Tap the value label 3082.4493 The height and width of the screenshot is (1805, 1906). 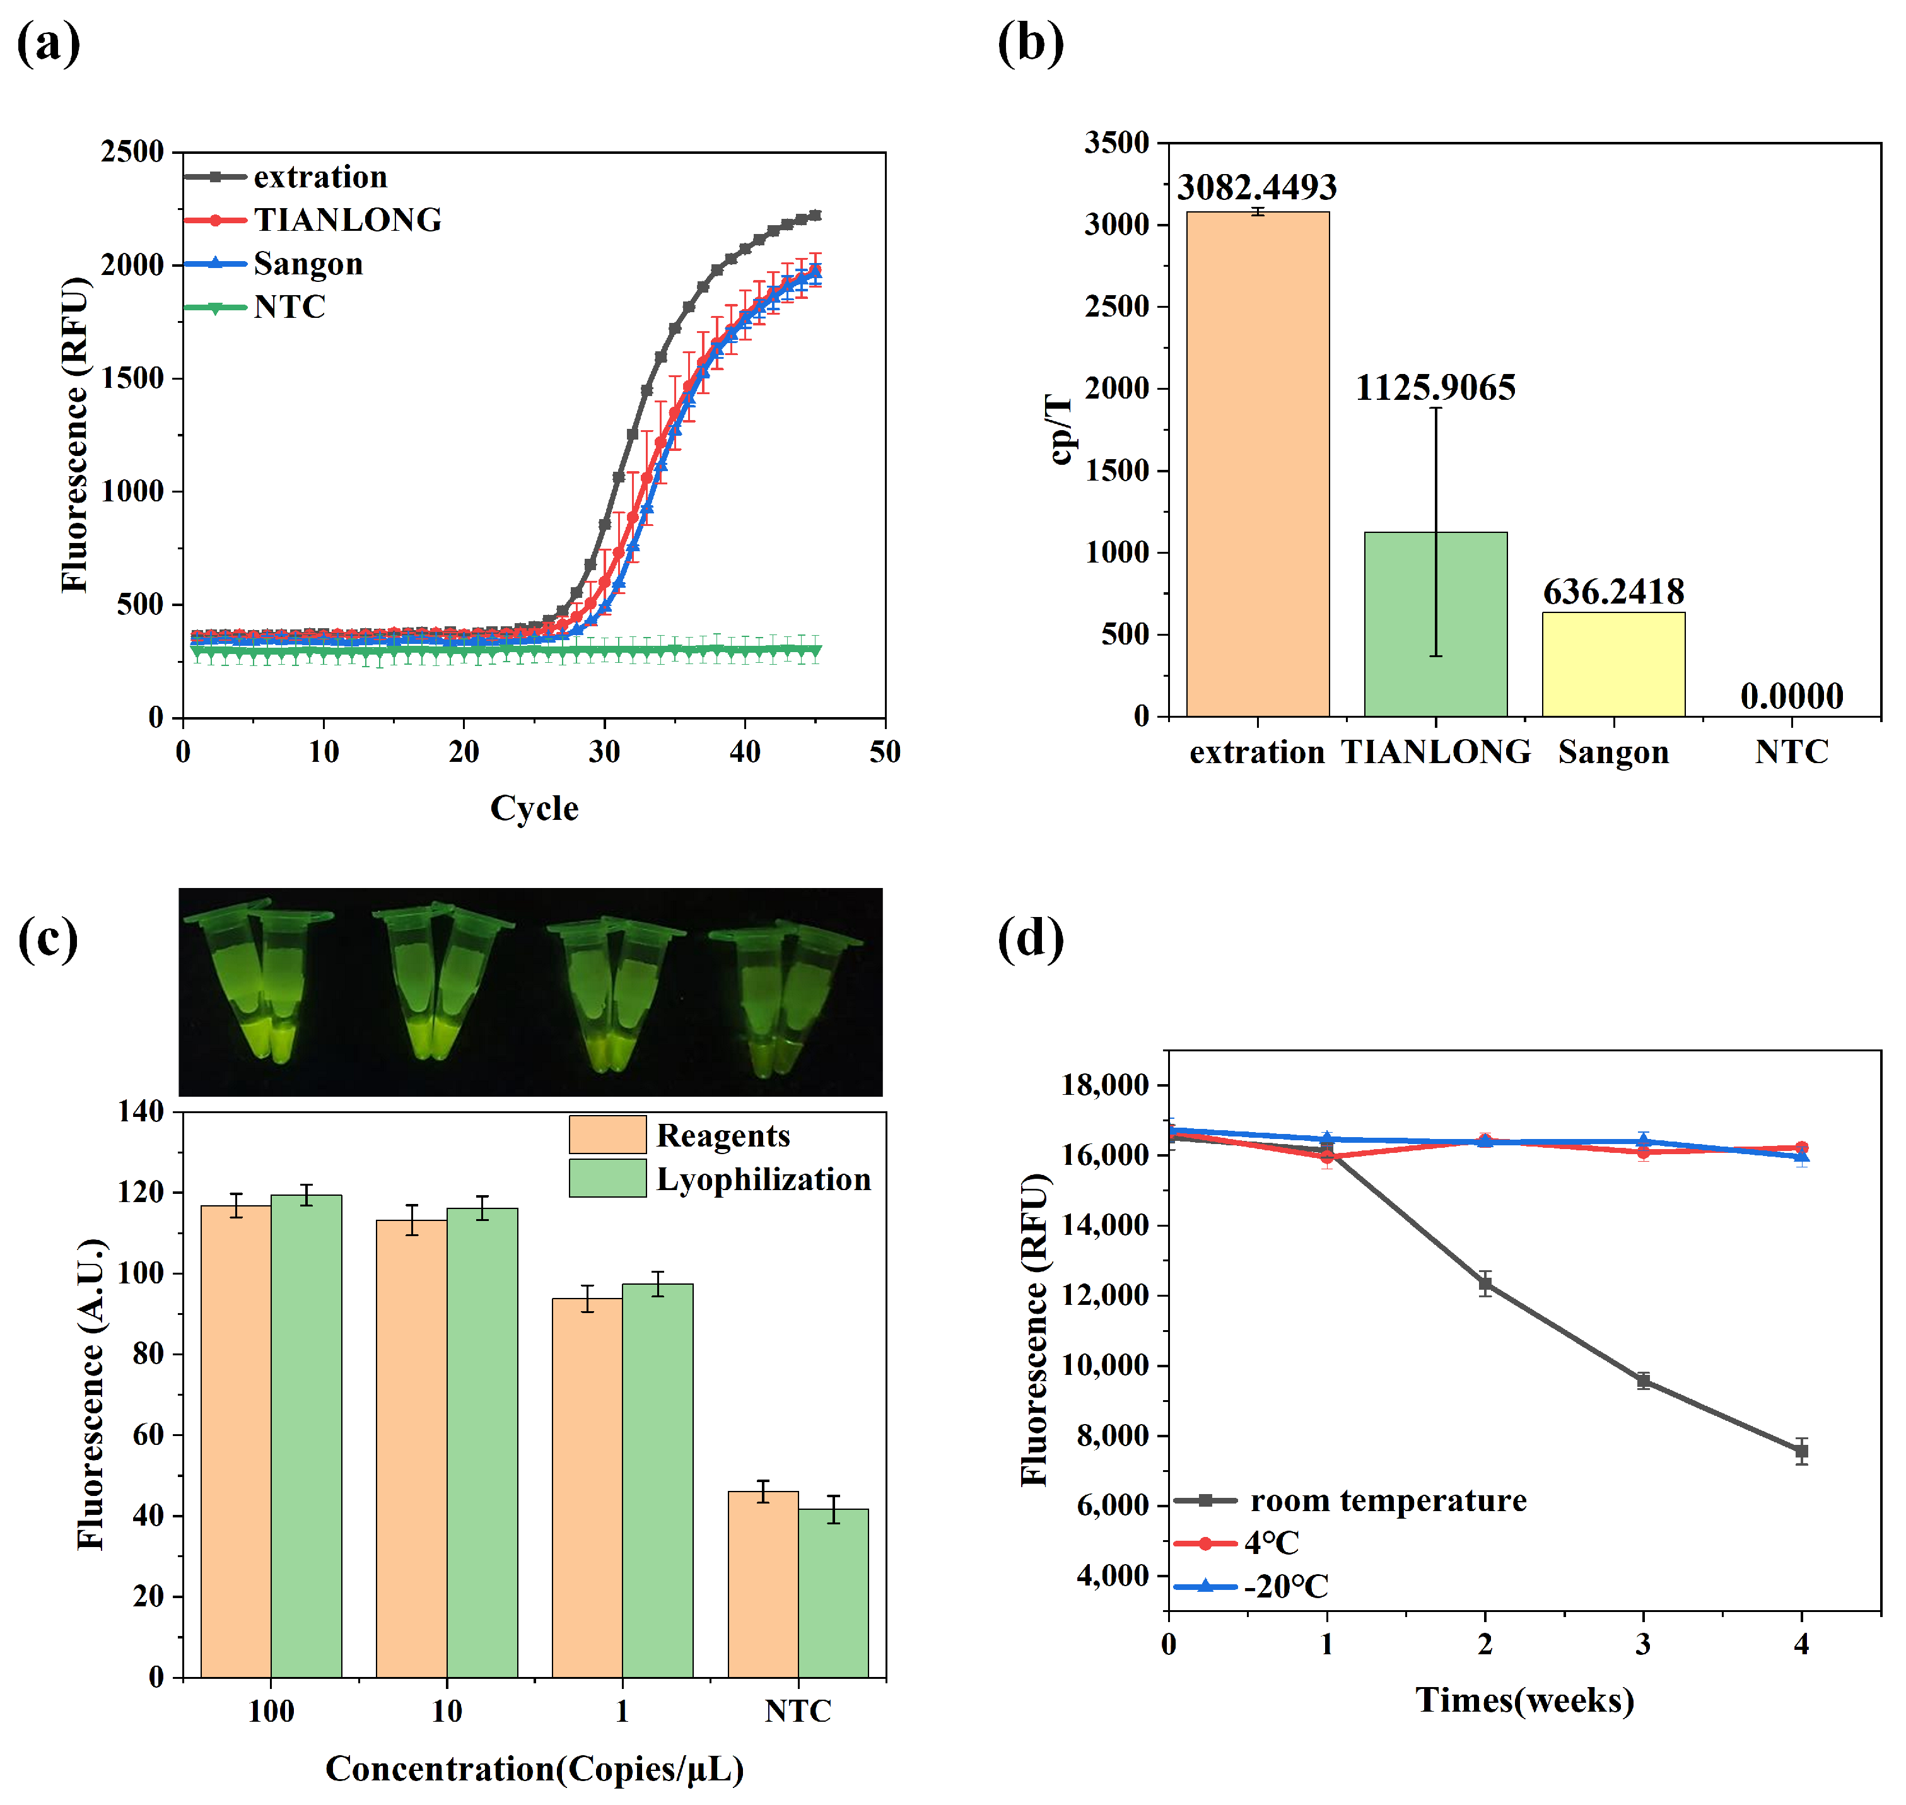tap(1256, 187)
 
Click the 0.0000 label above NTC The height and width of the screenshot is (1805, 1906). tap(1791, 696)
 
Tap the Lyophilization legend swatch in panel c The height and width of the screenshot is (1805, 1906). tap(607, 1179)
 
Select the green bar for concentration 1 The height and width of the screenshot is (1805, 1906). tap(657, 1481)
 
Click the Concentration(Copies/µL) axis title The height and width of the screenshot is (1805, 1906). tap(534, 1768)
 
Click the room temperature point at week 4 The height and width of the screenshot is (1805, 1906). tap(1801, 1451)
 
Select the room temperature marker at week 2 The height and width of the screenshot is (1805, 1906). tap(1485, 1285)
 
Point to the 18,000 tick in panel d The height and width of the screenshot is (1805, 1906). tap(1104, 1085)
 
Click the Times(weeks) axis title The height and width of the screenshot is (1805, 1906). tap(1524, 1699)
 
